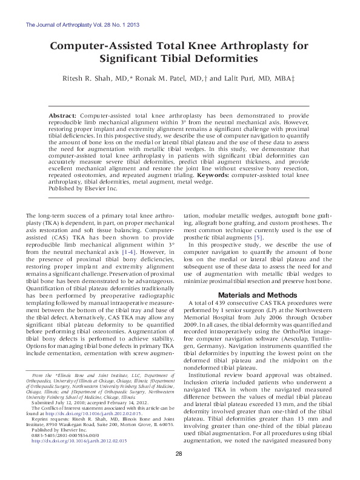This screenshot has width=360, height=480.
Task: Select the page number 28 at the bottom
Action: pyautogui.click(x=179, y=471)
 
